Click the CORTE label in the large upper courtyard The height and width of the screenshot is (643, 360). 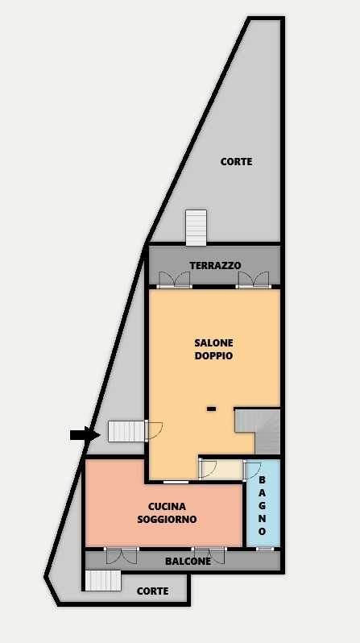(236, 162)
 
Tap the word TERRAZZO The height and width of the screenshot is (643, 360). (215, 265)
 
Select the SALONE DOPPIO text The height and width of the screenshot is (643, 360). (213, 349)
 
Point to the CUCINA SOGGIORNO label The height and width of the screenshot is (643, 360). (167, 512)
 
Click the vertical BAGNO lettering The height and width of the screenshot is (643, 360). (263, 505)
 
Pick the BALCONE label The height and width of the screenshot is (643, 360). (188, 562)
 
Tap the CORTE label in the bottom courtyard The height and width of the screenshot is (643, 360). (152, 591)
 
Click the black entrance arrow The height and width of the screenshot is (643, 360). (85, 434)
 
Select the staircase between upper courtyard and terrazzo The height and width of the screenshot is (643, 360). (196, 228)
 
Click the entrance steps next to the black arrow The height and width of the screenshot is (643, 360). (126, 431)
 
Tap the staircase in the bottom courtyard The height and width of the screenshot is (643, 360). (103, 581)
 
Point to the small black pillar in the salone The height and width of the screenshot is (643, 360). (211, 409)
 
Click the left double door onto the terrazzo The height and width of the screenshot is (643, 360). (175, 280)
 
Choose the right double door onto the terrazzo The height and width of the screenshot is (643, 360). (254, 280)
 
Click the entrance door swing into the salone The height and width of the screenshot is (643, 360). (154, 430)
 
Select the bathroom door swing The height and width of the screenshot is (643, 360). (252, 471)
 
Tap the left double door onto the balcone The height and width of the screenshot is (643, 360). (122, 556)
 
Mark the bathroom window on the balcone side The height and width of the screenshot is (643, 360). (266, 549)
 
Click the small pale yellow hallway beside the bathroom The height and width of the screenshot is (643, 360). (221, 470)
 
